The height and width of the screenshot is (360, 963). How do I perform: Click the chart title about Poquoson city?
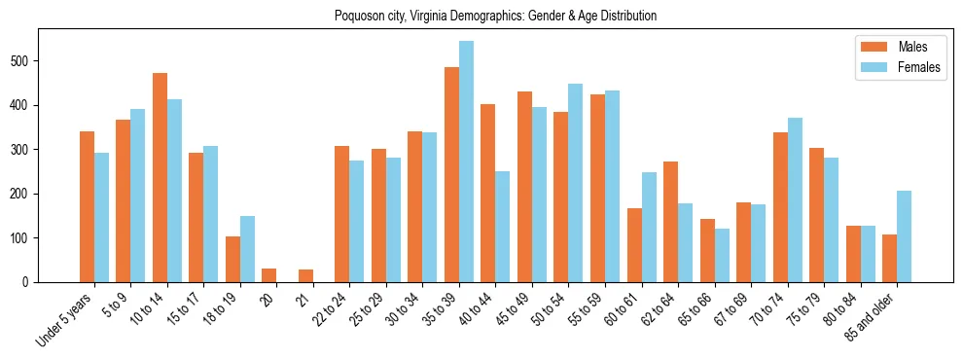point(495,16)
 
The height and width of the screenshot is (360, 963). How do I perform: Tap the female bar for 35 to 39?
point(466,162)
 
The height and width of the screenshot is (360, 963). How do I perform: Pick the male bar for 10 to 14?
point(160,177)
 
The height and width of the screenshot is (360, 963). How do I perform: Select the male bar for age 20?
point(269,275)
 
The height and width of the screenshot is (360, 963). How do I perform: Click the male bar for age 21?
point(305,276)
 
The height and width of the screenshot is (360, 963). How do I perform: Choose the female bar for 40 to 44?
point(503,227)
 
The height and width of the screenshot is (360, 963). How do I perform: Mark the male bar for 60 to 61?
point(634,245)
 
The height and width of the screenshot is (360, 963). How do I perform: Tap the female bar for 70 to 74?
point(795,200)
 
